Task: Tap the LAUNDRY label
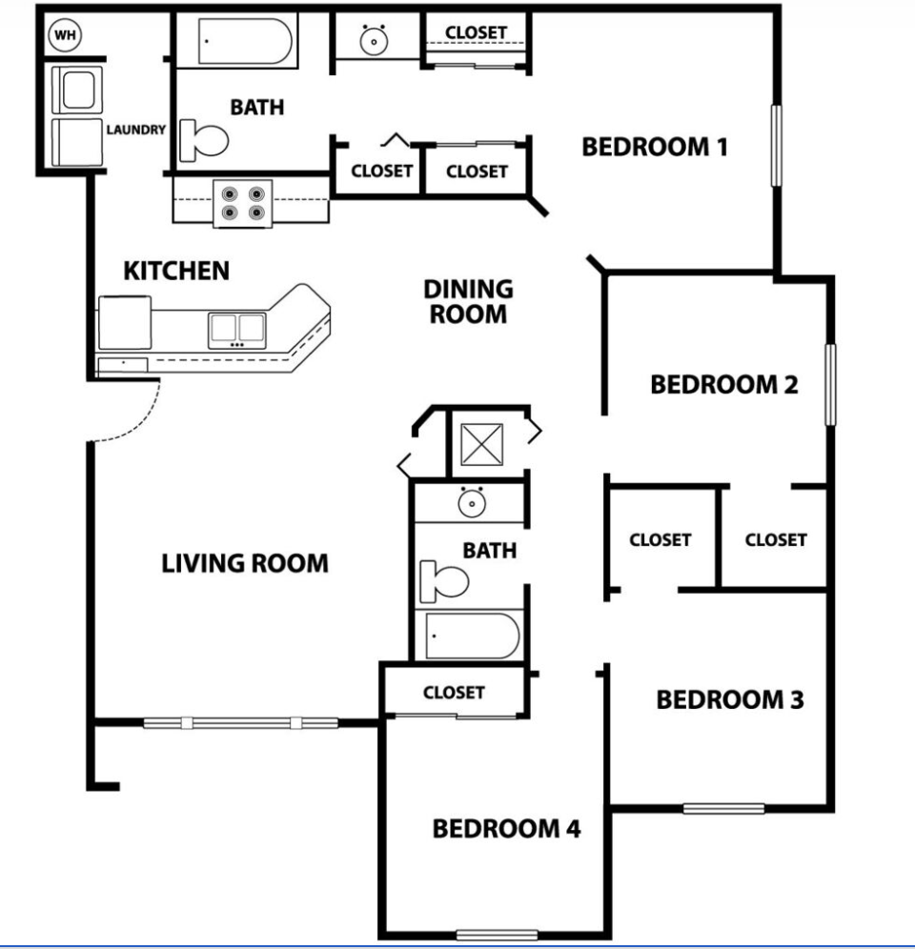(x=136, y=130)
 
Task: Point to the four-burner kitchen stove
(x=241, y=202)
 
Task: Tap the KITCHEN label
(x=176, y=271)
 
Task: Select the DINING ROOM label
(x=468, y=300)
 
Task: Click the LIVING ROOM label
(x=245, y=563)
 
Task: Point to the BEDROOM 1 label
(x=655, y=148)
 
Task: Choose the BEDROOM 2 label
(x=723, y=385)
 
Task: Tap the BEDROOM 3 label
(x=730, y=700)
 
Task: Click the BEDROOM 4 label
(x=506, y=829)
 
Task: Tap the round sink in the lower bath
(x=469, y=501)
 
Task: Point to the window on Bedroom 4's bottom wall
(x=497, y=934)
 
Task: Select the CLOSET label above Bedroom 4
(x=454, y=693)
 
